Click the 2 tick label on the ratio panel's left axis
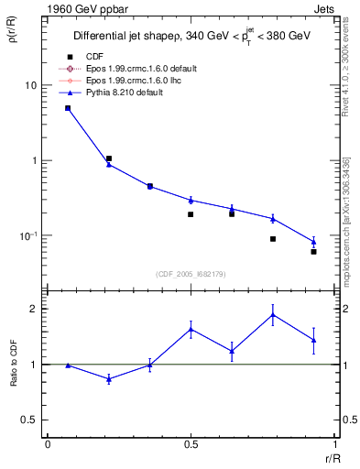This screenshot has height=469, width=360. (34, 309)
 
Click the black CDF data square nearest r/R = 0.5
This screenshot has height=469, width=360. (191, 214)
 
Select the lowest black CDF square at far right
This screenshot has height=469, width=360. (313, 251)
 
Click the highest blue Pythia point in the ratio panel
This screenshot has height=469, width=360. (273, 315)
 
